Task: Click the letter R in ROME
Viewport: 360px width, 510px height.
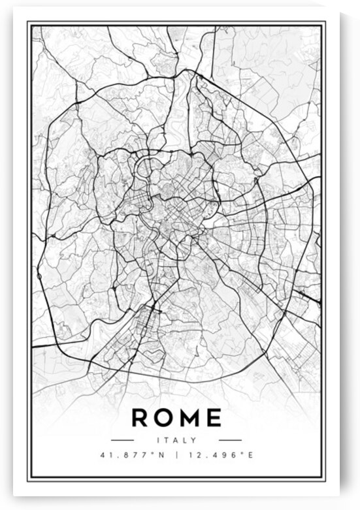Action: click(x=141, y=417)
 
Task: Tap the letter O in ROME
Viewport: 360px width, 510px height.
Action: click(x=164, y=417)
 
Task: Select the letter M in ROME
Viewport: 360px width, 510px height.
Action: click(x=189, y=417)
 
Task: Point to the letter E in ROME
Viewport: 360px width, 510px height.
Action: click(x=213, y=417)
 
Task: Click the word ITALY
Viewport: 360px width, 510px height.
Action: click(x=177, y=440)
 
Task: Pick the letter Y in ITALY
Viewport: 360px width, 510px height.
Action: click(x=194, y=440)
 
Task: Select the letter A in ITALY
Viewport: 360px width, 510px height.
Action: click(x=176, y=440)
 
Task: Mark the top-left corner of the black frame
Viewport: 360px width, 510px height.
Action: click(x=28, y=22)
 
